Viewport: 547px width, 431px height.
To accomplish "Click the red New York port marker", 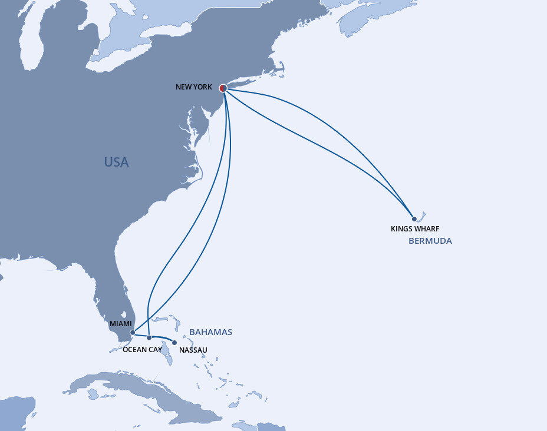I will [223, 88].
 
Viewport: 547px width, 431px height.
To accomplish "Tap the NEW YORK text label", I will [193, 87].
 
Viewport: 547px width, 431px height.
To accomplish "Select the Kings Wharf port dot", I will [414, 219].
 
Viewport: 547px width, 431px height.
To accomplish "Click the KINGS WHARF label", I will [415, 229].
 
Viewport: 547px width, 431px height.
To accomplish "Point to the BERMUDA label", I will [430, 241].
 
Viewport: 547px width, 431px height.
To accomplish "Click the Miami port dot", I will [133, 333].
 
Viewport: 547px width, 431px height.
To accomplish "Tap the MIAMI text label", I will [121, 323].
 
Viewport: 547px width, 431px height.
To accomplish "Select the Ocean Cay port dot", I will [149, 337].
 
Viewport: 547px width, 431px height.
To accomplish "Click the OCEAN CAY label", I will [142, 350].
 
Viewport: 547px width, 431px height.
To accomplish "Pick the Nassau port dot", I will [174, 342].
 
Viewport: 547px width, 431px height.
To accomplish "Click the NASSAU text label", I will [193, 350].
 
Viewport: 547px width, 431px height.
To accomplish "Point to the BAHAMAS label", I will [210, 332].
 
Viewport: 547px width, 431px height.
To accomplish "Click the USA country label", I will [116, 162].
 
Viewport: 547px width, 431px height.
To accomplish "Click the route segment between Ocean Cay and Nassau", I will [162, 339].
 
